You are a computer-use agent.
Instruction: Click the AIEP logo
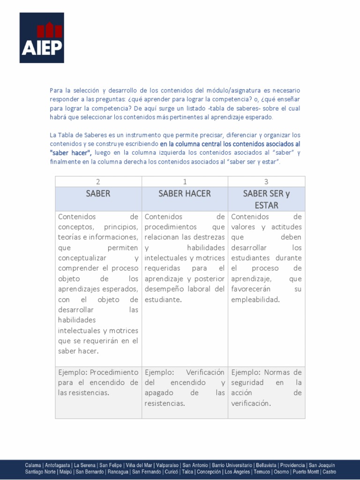(x=42, y=38)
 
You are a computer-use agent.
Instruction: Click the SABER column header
(x=98, y=194)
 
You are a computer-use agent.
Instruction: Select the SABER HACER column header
(x=184, y=194)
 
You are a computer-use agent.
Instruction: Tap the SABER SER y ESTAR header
(x=266, y=199)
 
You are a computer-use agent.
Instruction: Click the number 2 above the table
(x=98, y=181)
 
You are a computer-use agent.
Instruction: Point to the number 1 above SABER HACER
(x=184, y=181)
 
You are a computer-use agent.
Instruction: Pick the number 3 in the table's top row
(x=266, y=181)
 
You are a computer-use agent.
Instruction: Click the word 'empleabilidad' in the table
(x=255, y=300)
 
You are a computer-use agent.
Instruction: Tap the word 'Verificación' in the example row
(x=205, y=372)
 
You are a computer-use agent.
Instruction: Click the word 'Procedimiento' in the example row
(x=114, y=372)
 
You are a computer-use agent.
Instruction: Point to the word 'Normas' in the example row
(x=277, y=372)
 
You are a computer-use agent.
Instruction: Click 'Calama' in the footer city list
(x=33, y=465)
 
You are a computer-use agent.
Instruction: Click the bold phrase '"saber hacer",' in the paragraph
(x=70, y=153)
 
